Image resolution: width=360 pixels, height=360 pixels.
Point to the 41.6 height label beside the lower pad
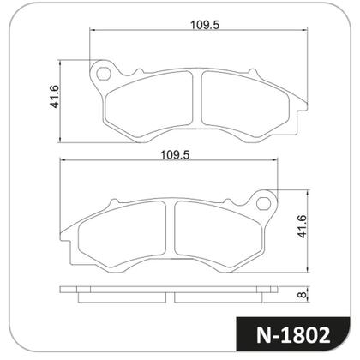point(302,229)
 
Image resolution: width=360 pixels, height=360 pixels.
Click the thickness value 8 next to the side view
point(302,296)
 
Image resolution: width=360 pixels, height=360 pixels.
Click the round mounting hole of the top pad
point(105,73)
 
